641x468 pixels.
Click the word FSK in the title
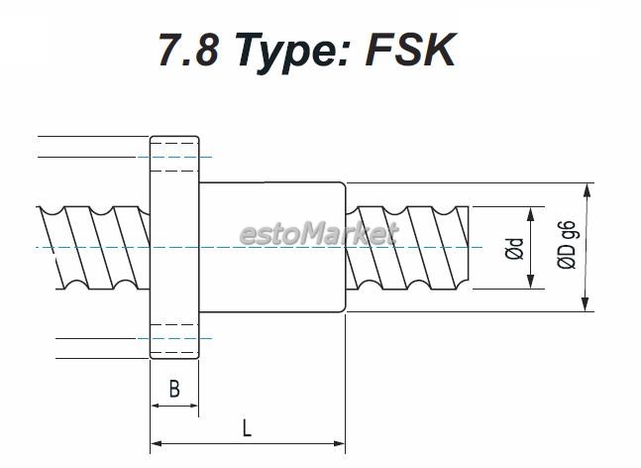click(410, 50)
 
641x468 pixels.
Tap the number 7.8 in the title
click(188, 50)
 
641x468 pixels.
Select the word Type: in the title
click(292, 54)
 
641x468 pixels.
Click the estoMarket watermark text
click(319, 234)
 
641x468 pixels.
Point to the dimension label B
click(174, 389)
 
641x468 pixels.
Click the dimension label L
click(247, 428)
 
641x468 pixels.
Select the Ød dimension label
click(514, 248)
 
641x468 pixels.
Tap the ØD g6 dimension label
click(567, 245)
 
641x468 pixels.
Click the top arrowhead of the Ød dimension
click(531, 214)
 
